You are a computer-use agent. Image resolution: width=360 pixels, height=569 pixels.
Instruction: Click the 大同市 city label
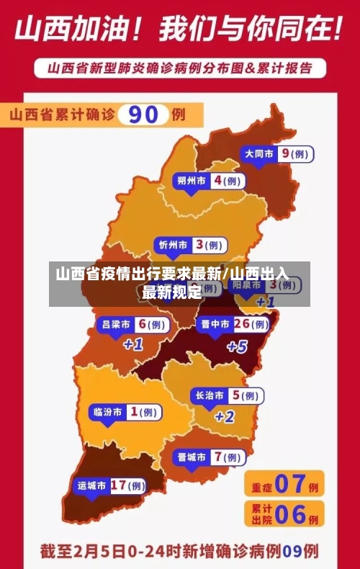[259, 153]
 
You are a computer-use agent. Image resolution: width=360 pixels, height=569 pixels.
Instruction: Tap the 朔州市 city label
[192, 181]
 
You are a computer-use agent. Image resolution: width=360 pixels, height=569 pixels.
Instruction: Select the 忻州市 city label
[173, 246]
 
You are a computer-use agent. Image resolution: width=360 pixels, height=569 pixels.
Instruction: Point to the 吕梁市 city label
[116, 324]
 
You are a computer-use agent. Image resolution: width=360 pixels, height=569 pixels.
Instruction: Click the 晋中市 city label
[215, 324]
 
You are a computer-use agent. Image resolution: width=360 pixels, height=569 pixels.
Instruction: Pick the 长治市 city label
[209, 395]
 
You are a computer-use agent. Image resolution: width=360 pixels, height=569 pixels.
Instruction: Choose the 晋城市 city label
[192, 457]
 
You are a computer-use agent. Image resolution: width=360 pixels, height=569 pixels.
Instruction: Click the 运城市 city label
[92, 485]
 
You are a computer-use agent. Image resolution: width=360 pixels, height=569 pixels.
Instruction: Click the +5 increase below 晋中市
[237, 346]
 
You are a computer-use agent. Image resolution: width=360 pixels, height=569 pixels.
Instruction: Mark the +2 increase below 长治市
[225, 416]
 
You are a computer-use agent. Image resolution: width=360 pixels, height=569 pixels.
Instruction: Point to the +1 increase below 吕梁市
[133, 345]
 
